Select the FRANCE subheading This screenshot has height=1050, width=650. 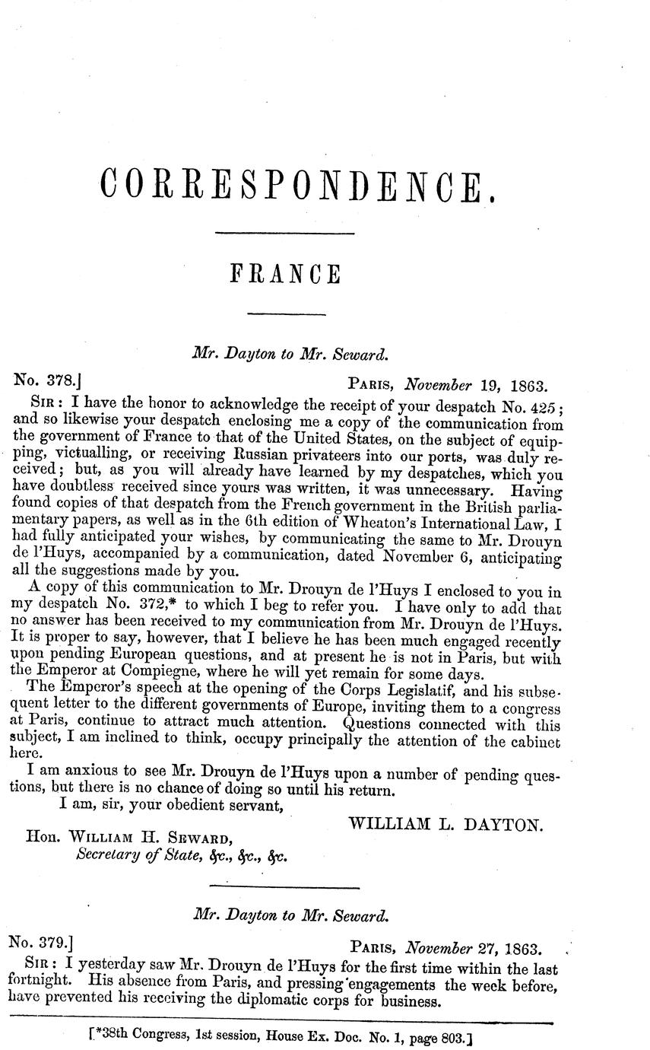pyautogui.click(x=285, y=273)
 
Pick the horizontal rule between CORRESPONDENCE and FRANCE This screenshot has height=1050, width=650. pyautogui.click(x=285, y=232)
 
